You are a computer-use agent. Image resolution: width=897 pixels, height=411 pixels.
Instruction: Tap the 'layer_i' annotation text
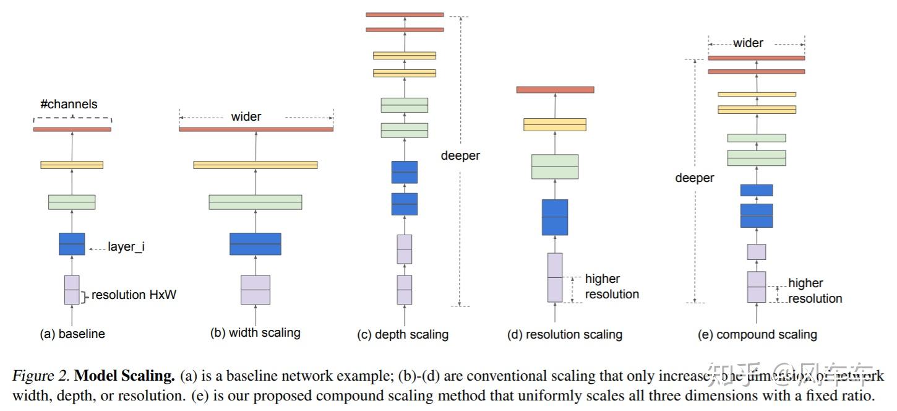(x=126, y=247)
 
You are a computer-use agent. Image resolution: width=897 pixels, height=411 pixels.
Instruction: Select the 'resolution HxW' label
(x=134, y=295)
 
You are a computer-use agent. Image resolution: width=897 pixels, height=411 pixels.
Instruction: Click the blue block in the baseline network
(x=72, y=244)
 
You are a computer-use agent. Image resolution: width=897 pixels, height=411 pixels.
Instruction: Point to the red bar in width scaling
(x=255, y=129)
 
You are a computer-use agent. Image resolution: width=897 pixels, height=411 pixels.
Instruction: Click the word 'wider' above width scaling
(x=246, y=116)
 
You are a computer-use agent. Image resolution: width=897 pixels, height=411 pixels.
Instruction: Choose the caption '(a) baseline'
(x=72, y=334)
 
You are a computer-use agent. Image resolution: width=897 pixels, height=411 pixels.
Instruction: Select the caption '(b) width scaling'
(x=255, y=332)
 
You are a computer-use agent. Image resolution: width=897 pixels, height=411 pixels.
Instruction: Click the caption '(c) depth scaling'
(x=403, y=334)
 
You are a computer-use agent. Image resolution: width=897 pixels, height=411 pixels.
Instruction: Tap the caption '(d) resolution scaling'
(x=564, y=334)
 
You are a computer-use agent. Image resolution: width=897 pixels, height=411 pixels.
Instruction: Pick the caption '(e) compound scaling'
(x=757, y=334)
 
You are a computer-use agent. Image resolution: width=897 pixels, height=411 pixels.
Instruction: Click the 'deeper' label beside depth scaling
(x=460, y=156)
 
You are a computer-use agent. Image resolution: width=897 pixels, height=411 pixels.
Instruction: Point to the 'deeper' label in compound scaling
(x=694, y=178)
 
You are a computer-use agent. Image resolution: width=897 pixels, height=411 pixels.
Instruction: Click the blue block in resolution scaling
(x=555, y=217)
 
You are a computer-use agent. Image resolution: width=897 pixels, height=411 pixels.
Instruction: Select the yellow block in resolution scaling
(x=555, y=124)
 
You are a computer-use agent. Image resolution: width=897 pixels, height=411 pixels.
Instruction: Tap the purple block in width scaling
(x=255, y=290)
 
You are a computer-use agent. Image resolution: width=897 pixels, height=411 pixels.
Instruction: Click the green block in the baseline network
(x=72, y=202)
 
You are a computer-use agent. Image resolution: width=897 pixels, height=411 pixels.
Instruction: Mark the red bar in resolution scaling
(x=555, y=90)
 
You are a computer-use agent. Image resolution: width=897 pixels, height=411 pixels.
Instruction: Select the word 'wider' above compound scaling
(x=748, y=43)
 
